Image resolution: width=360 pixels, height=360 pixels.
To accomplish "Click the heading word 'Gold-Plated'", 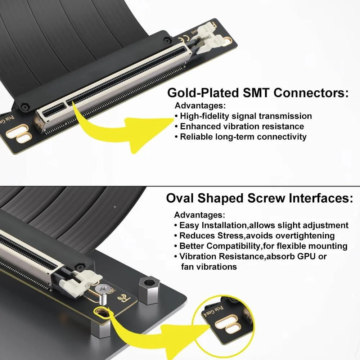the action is click(x=203, y=93).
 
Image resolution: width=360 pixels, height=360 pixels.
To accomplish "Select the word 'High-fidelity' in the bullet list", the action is click(x=204, y=116).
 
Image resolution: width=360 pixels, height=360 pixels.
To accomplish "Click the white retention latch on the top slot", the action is click(x=207, y=39).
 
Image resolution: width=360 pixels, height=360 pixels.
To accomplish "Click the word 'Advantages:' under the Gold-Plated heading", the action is click(x=200, y=105).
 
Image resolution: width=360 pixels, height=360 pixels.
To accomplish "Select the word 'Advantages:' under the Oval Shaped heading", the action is click(x=199, y=215).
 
